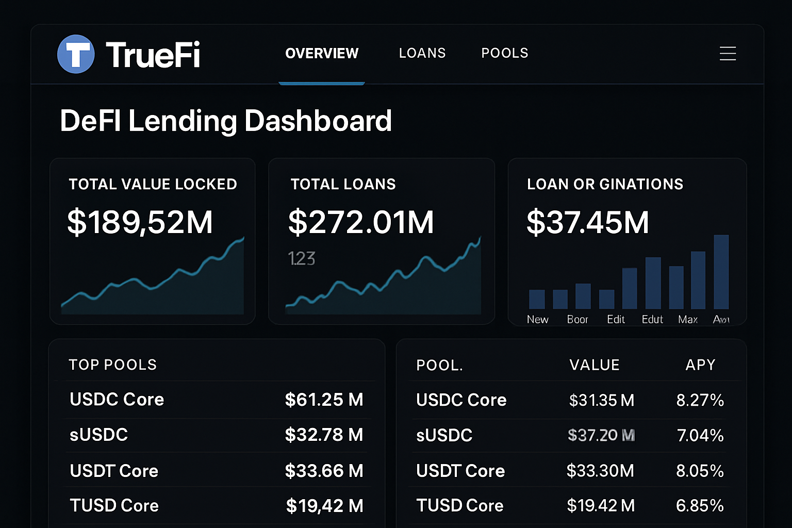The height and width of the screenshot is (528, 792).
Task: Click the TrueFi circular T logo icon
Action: [76, 54]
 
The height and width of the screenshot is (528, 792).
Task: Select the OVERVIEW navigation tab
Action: [322, 53]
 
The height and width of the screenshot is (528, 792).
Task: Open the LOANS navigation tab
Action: [422, 53]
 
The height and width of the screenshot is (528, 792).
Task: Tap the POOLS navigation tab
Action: [505, 53]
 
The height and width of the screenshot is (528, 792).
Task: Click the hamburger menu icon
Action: [728, 54]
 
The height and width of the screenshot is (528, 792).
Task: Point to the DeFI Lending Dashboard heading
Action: [226, 121]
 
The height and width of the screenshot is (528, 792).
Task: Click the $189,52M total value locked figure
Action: [140, 222]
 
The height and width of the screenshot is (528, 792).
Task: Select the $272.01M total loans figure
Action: [361, 222]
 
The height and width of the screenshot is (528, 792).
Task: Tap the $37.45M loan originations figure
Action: [587, 222]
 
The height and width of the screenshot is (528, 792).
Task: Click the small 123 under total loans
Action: [302, 258]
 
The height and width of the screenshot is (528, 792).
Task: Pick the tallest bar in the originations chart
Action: [721, 272]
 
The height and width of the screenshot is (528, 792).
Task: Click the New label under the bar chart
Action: [537, 320]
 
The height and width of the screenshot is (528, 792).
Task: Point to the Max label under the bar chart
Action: [688, 320]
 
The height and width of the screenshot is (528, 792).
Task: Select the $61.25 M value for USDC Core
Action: [324, 400]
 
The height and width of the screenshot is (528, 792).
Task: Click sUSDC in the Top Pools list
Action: [99, 435]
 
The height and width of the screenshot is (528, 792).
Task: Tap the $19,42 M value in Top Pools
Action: [324, 506]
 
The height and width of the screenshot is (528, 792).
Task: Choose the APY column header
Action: [700, 365]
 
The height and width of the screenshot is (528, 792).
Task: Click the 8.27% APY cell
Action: [700, 400]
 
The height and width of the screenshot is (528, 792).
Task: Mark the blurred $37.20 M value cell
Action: [601, 435]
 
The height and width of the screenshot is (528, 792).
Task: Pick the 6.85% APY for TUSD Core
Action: [700, 506]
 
